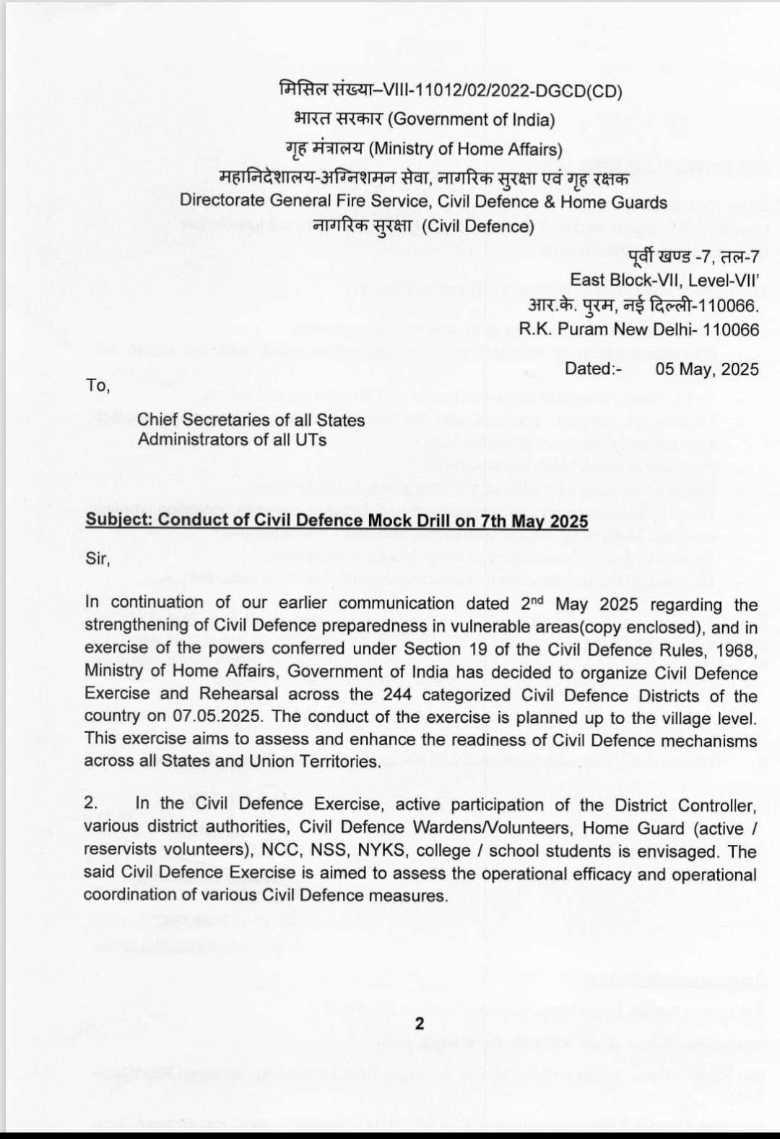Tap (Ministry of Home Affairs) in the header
[x=465, y=149]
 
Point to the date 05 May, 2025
[x=707, y=369]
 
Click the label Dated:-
[x=593, y=369]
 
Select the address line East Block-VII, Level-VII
[x=664, y=280]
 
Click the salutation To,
[x=97, y=385]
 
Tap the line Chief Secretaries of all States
[x=251, y=420]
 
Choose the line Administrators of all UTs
[x=232, y=439]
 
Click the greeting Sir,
[x=97, y=559]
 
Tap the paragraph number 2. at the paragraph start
[x=91, y=803]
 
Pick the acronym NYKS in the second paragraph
[x=381, y=850]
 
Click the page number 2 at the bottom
[x=420, y=1023]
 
